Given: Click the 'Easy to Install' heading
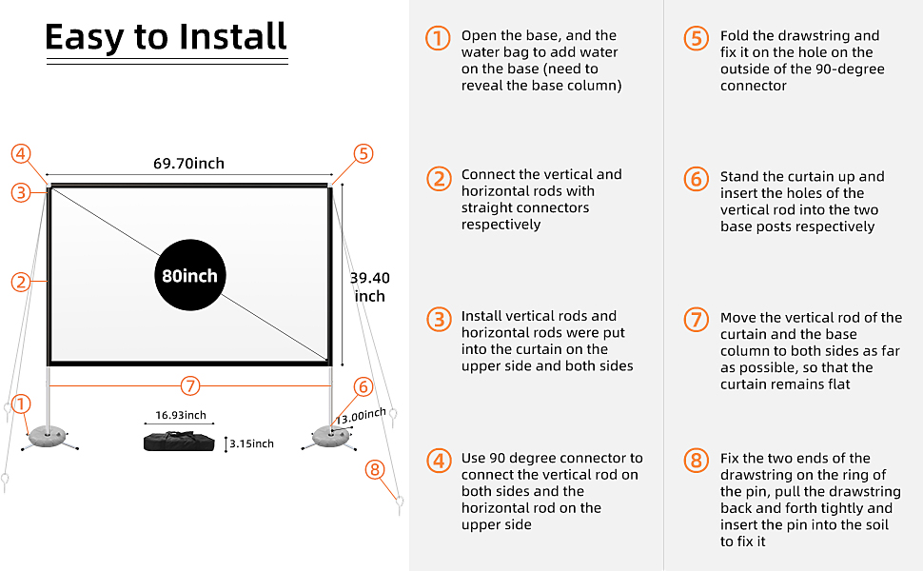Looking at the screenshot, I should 166,37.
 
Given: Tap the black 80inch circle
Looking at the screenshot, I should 188,276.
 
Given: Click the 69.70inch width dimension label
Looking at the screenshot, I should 188,164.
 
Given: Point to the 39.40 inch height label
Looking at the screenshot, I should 369,286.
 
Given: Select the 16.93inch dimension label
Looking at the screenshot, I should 181,415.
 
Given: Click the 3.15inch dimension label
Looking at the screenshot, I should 252,443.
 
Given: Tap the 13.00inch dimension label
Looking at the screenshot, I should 362,417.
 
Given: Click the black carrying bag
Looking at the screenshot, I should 178,442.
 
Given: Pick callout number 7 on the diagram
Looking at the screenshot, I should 190,385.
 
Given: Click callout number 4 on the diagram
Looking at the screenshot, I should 21,154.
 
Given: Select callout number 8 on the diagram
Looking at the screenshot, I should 376,469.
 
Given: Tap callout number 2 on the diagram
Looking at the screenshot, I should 21,281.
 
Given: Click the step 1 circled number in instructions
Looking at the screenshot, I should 437,39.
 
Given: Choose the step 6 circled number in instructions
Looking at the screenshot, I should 696,180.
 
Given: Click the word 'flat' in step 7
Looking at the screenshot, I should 837,384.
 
